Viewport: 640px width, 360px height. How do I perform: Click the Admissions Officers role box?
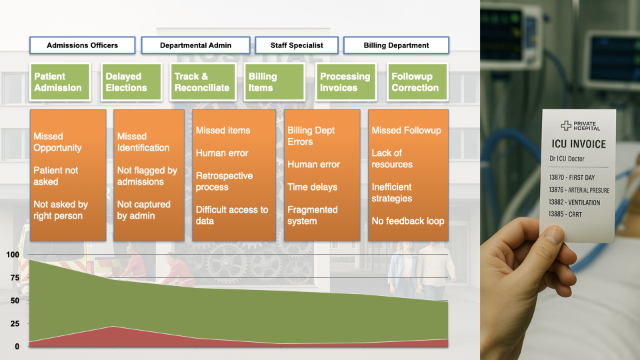coord(82,45)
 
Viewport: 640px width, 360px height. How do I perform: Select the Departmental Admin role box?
coord(195,45)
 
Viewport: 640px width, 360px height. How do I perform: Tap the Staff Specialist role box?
coord(297,45)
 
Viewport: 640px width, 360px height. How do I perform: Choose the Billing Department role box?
coord(396,45)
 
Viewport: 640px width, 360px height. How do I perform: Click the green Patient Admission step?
coord(60,82)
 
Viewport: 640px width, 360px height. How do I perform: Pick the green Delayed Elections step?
coord(131,82)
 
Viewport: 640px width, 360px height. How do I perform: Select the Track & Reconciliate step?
coord(202,82)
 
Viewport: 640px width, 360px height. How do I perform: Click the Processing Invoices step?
coord(345,82)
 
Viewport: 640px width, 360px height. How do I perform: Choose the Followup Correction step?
coord(417,82)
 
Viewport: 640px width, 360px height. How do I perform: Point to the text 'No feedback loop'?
coord(407,221)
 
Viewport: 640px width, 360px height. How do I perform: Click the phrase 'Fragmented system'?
coord(313,215)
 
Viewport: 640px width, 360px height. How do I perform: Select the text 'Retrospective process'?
coord(224,181)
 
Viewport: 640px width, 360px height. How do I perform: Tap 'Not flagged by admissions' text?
coord(147,176)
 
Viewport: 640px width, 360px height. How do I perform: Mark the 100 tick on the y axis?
coord(13,255)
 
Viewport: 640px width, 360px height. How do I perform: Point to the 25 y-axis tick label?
coord(13,323)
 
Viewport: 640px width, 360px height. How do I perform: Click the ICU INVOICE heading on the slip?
coord(578,144)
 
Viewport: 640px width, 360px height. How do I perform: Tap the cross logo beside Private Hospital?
coord(566,125)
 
